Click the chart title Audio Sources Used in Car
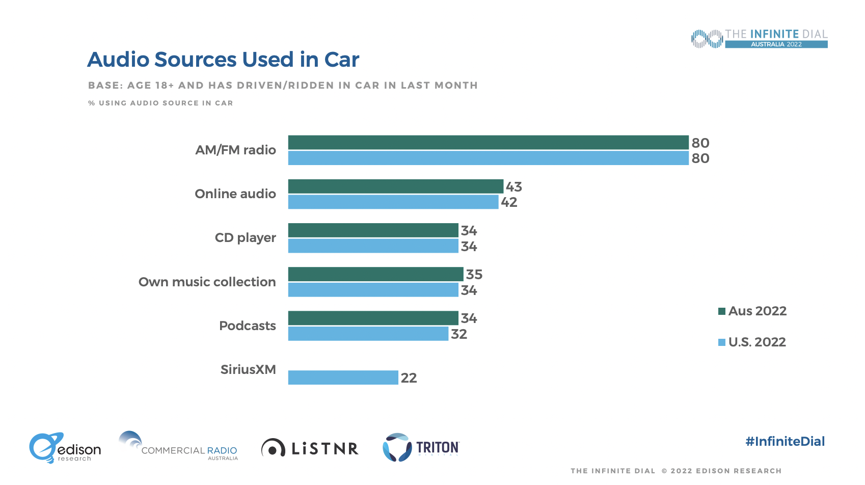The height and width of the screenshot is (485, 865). [223, 60]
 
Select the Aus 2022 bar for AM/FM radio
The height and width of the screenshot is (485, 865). [488, 143]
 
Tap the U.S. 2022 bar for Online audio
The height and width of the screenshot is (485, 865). [393, 202]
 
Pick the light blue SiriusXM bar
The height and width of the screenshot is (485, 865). [343, 378]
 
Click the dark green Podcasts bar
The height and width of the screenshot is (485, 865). [373, 318]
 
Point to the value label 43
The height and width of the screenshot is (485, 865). [513, 187]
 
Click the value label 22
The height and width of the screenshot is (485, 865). [409, 378]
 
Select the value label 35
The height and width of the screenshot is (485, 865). [474, 275]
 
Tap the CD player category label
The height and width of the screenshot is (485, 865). [245, 238]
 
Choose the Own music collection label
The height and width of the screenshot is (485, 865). [207, 282]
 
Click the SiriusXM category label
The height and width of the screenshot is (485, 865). [248, 369]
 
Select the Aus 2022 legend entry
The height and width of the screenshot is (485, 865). [752, 311]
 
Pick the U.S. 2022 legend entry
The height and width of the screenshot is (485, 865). [752, 342]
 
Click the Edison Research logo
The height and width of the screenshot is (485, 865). [65, 448]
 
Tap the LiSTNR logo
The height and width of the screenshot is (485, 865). [310, 448]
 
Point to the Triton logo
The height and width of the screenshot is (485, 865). [421, 447]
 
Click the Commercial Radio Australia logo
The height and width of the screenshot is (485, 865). [178, 447]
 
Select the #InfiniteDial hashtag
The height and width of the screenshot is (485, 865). [785, 441]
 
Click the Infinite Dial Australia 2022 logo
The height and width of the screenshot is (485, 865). [759, 39]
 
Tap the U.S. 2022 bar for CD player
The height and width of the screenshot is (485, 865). [373, 246]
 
